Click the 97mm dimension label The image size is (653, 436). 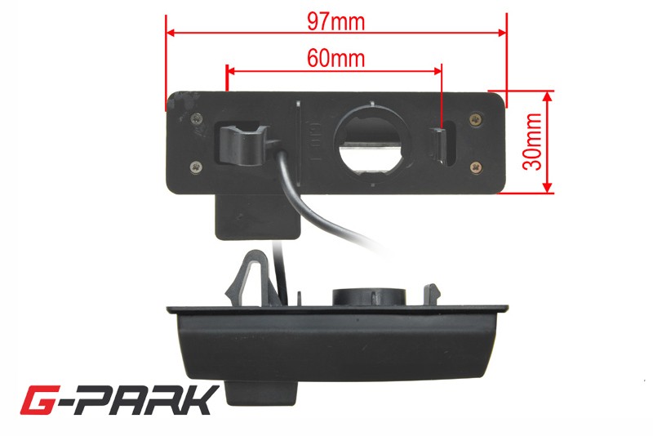coord(335,21)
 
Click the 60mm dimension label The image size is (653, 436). coord(335,58)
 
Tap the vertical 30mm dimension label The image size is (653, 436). coord(533,141)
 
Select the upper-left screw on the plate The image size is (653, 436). coord(197,118)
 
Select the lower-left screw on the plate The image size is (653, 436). coord(196,167)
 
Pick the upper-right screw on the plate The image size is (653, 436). coord(476,120)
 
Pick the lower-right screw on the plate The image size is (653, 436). coord(476,167)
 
